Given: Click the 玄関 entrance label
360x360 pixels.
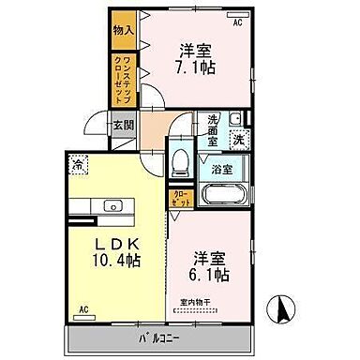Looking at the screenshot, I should [x=123, y=124].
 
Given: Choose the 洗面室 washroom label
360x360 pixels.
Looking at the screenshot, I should [x=214, y=126].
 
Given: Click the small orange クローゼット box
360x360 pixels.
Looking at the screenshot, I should [x=180, y=198].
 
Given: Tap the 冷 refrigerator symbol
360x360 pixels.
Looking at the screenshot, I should [x=77, y=167].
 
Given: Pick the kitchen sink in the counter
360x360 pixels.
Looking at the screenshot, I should [x=113, y=204].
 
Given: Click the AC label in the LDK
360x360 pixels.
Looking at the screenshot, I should [x=83, y=308].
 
